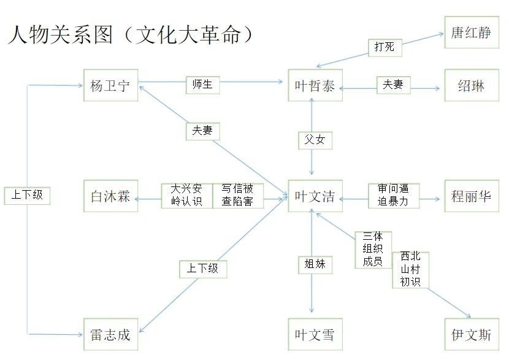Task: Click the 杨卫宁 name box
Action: pos(110,85)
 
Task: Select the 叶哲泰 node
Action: pos(315,85)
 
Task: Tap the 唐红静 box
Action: pos(471,32)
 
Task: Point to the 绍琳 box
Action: pos(471,85)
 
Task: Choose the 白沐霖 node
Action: pos(110,196)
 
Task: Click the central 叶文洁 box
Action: pos(315,196)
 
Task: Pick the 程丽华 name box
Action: pos(471,196)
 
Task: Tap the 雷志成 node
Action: pos(110,335)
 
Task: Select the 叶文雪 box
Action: pos(315,335)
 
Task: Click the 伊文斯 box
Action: pos(471,335)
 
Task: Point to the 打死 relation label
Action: pos(385,47)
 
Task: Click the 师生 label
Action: pos(202,85)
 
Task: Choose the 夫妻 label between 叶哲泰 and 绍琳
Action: pos(393,85)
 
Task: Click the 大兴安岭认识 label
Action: pos(186,195)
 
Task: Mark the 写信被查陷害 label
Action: pos(238,195)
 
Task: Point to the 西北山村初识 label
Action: pos(410,269)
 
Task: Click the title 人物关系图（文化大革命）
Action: pos(131,34)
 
